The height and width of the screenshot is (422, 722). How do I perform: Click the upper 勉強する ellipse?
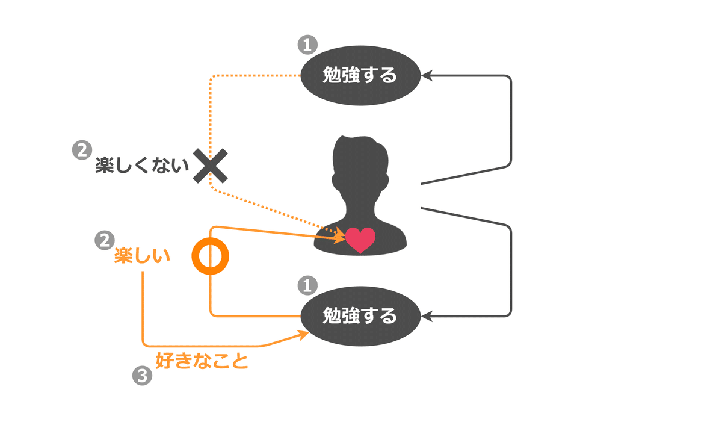pyautogui.click(x=360, y=76)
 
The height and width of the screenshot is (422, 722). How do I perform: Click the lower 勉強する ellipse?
pyautogui.click(x=360, y=315)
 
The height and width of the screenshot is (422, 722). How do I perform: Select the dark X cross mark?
pyautogui.click(x=211, y=167)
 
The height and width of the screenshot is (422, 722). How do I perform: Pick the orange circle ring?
pyautogui.click(x=211, y=257)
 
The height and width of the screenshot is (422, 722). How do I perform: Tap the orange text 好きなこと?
pyautogui.click(x=202, y=361)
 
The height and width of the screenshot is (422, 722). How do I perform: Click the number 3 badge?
pyautogui.click(x=142, y=377)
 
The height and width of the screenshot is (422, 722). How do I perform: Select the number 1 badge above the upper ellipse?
pyautogui.click(x=307, y=45)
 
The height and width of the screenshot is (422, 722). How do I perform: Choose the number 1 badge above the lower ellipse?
pyautogui.click(x=307, y=285)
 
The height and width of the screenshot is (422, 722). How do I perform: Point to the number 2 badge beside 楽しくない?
pyautogui.click(x=80, y=150)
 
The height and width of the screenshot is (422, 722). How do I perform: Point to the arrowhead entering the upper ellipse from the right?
pyautogui.click(x=427, y=76)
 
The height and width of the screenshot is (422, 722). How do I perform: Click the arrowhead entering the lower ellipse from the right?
pyautogui.click(x=427, y=315)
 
